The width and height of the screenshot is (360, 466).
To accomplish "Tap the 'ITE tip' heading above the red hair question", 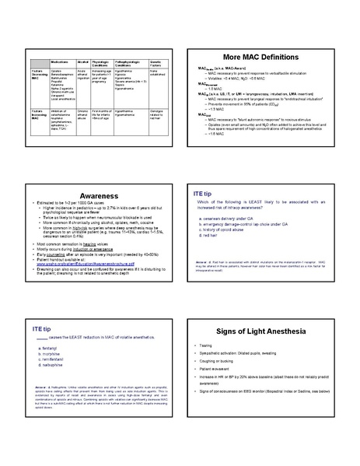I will (204, 191).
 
